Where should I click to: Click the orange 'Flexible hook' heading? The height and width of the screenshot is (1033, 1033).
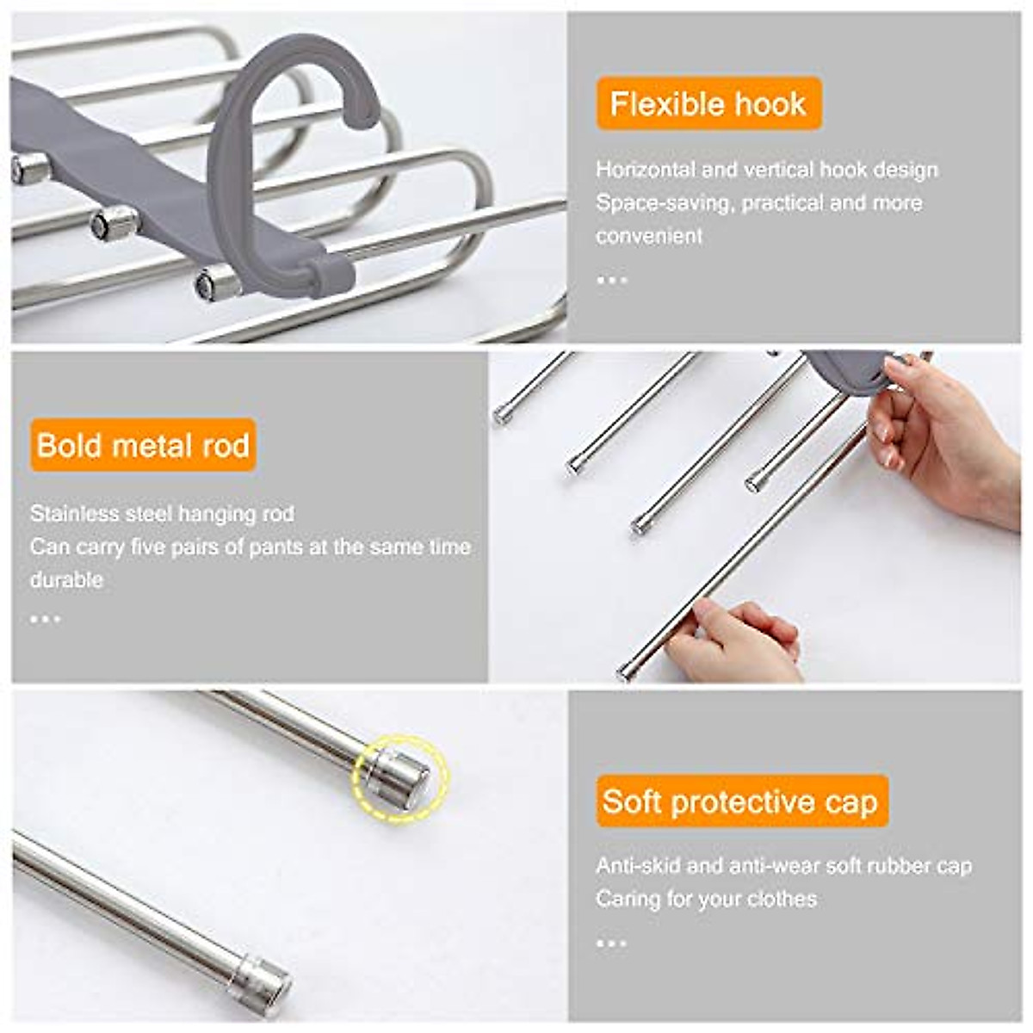(708, 104)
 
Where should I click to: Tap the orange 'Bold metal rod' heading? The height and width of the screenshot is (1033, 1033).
(143, 445)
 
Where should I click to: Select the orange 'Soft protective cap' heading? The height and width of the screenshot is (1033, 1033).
(740, 801)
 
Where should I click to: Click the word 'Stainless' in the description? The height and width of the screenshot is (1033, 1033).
(66, 514)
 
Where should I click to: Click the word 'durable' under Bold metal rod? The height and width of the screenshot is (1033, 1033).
(66, 579)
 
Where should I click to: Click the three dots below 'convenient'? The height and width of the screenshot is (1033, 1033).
(611, 280)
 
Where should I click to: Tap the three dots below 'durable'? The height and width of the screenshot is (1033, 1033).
(45, 618)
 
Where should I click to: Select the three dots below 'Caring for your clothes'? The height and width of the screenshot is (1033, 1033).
(611, 943)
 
